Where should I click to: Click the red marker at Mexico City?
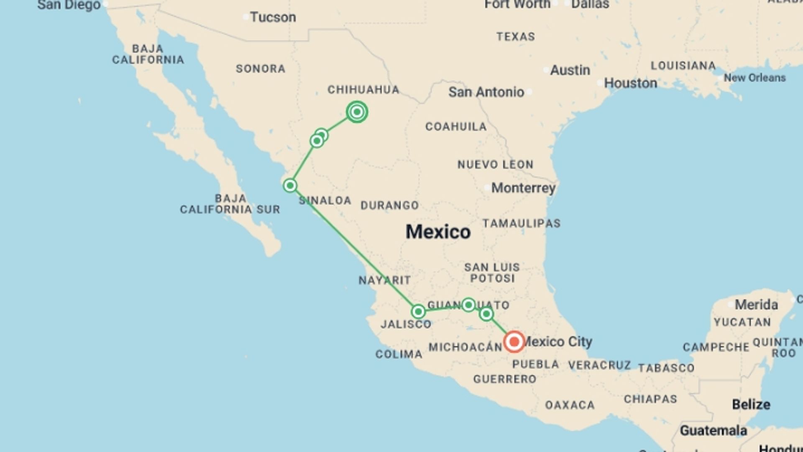click(514, 342)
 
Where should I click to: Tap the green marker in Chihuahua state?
click(357, 112)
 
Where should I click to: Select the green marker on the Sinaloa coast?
click(290, 185)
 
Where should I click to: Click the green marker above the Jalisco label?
click(418, 311)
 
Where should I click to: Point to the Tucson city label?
click(273, 17)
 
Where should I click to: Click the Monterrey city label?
click(523, 188)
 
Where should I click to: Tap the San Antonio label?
click(486, 92)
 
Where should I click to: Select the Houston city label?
click(630, 83)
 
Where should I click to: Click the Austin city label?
click(570, 70)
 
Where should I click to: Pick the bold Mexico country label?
click(438, 231)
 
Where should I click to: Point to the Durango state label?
click(389, 205)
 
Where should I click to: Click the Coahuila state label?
click(456, 126)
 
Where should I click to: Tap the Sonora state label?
click(261, 69)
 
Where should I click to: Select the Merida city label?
click(756, 304)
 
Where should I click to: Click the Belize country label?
click(751, 404)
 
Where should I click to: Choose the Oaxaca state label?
click(570, 405)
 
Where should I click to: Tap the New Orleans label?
click(754, 77)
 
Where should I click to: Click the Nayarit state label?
click(384, 280)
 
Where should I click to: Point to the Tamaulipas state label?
click(521, 223)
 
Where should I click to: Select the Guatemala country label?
click(713, 430)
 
